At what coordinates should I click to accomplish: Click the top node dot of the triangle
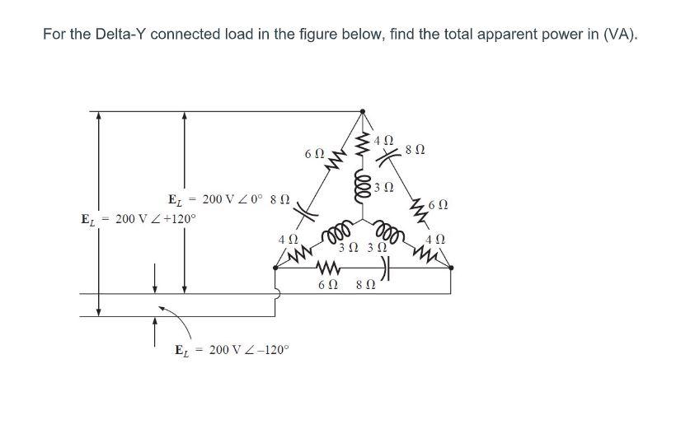(360, 110)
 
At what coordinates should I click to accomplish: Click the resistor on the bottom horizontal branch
(327, 269)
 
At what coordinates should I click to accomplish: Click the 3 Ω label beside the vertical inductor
(380, 187)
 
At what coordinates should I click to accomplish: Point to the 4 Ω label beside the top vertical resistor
(383, 140)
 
